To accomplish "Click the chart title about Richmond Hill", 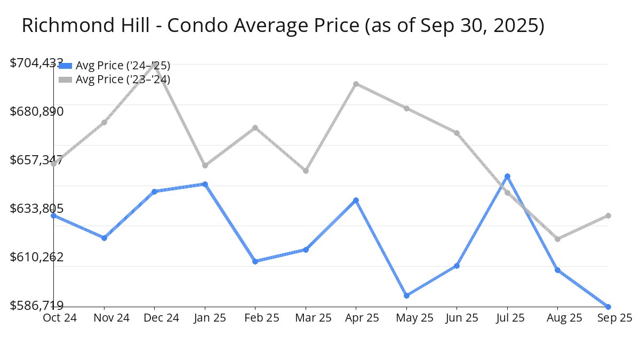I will [283, 26].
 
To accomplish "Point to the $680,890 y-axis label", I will [37, 111].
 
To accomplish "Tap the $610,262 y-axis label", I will [37, 257].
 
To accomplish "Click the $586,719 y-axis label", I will [37, 306].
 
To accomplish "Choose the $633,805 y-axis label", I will [37, 209].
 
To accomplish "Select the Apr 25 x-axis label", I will [356, 318].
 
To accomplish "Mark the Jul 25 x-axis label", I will [507, 318].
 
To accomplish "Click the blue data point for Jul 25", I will [507, 176].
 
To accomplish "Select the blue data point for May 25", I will [406, 295].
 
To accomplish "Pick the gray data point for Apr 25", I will [356, 84].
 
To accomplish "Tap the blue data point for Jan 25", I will [205, 184].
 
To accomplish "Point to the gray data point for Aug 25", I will [557, 239].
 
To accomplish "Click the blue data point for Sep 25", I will [609, 307].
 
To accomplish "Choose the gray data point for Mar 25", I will [306, 171].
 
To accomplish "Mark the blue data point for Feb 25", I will [255, 261].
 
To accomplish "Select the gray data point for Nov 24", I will [104, 122].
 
